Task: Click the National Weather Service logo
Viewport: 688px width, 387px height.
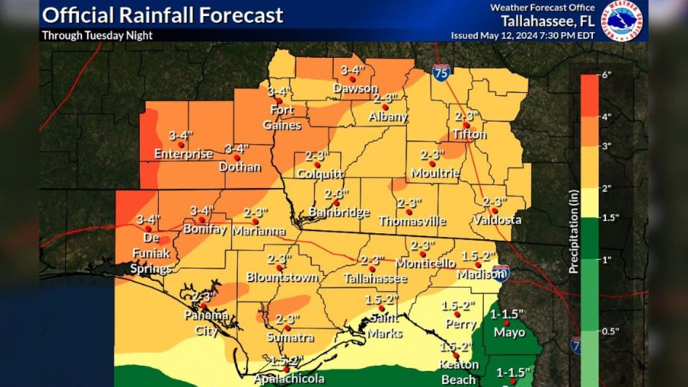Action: [621, 21]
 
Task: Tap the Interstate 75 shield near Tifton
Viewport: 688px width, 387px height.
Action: [441, 73]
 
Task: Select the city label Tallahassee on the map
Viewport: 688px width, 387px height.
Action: [375, 278]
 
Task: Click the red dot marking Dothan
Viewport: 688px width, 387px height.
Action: [237, 157]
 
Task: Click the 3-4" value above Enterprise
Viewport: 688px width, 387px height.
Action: [181, 136]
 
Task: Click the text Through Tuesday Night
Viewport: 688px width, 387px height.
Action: [97, 36]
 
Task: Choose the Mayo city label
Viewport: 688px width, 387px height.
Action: [509, 333]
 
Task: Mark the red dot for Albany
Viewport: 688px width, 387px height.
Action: [385, 107]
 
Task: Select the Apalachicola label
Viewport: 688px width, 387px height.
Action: [290, 378]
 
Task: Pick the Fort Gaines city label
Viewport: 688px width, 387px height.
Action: [279, 117]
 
